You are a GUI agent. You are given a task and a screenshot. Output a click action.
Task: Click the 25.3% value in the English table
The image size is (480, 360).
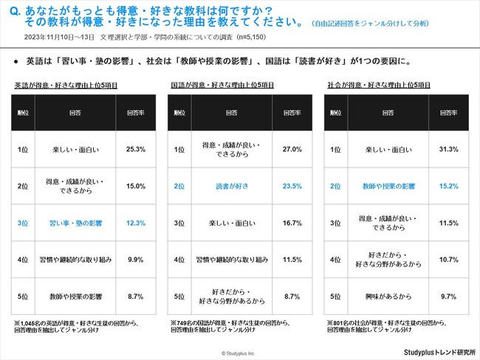coord(136,150)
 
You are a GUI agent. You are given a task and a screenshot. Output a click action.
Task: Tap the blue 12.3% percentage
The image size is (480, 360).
coord(136,222)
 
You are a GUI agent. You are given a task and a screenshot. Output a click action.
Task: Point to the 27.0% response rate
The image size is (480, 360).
coord(292,150)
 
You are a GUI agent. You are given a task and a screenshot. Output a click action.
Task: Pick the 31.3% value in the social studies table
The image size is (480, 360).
coord(449,150)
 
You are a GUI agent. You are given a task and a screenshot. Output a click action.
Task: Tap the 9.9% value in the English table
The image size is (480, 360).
coord(136,259)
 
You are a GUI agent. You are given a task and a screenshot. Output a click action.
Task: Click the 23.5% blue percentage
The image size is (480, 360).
coord(292,186)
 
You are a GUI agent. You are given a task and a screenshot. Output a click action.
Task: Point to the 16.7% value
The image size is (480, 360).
coord(292,222)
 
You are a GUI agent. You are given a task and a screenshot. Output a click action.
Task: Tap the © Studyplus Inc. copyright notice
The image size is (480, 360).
coord(241,353)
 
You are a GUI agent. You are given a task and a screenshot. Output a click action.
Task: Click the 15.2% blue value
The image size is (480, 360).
coord(449,186)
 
